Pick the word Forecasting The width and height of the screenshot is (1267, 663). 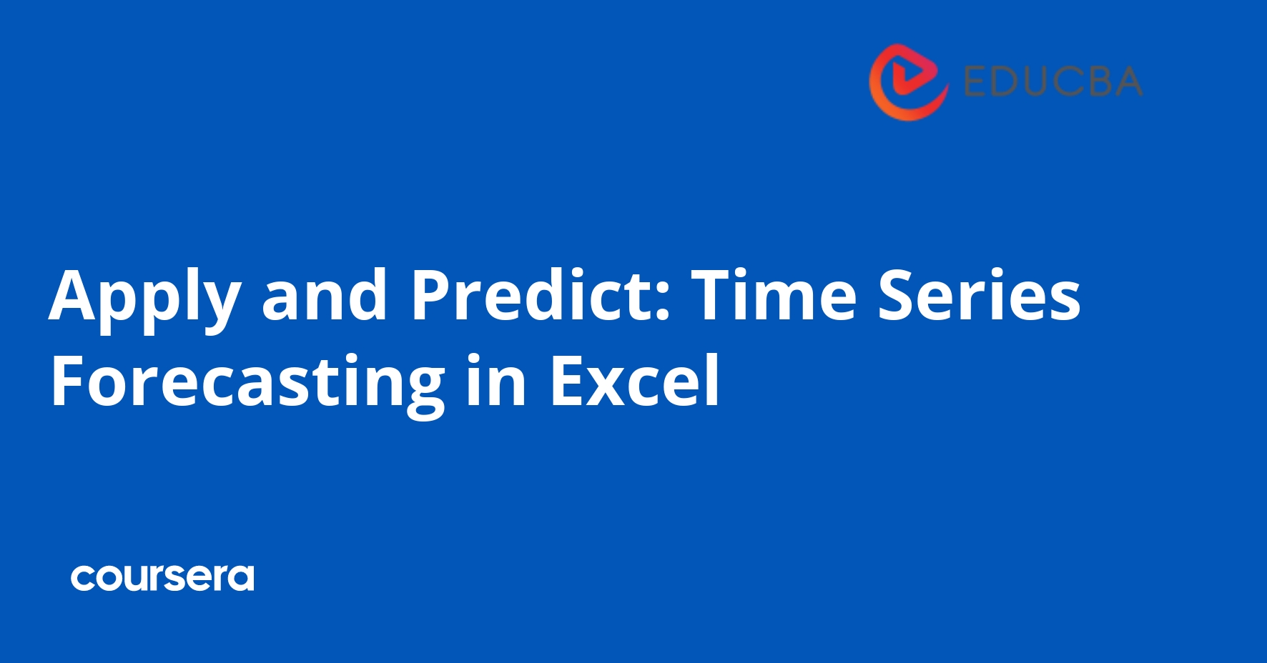pyautogui.click(x=247, y=383)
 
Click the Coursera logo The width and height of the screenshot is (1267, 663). pyautogui.click(x=162, y=578)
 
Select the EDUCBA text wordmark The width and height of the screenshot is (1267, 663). pyautogui.click(x=1052, y=81)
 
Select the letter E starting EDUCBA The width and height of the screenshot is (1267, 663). pyautogui.click(x=975, y=81)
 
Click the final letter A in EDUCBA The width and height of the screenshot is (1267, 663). pyautogui.click(x=1125, y=81)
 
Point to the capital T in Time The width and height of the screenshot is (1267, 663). pyautogui.click(x=716, y=294)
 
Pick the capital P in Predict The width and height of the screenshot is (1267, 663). pyautogui.click(x=431, y=294)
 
